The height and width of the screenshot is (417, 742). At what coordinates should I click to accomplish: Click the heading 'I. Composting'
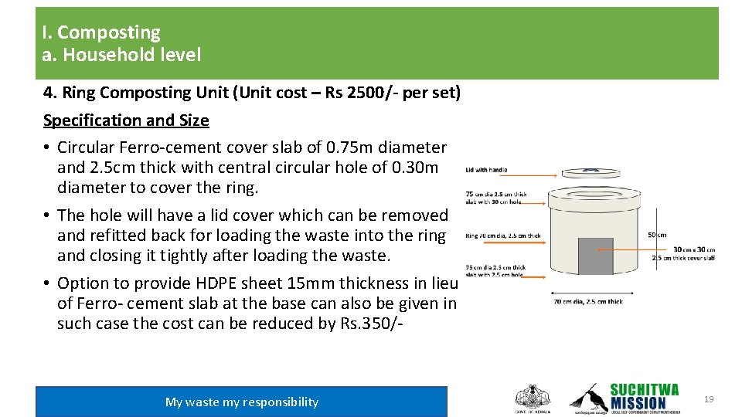[x=101, y=32]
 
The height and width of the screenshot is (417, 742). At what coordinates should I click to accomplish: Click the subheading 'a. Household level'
[x=121, y=55]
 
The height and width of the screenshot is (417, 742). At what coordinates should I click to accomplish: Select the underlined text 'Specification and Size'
[x=126, y=120]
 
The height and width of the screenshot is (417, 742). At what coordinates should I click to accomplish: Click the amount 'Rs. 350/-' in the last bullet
[x=370, y=324]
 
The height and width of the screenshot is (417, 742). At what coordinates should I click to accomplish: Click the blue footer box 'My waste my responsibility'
[x=241, y=402]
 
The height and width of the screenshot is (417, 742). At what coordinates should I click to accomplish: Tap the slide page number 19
[x=709, y=399]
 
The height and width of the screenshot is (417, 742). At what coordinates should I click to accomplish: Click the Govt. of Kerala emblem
[x=533, y=398]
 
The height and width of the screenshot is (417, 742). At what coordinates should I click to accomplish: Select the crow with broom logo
[x=587, y=397]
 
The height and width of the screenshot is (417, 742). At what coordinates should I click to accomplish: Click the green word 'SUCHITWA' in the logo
[x=644, y=389]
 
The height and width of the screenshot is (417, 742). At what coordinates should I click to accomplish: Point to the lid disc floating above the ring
[x=591, y=172]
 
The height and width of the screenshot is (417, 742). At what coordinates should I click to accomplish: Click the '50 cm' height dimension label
[x=656, y=235]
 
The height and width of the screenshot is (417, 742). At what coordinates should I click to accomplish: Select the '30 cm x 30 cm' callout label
[x=693, y=249]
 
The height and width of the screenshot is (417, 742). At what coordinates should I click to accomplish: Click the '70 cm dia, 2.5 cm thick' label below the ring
[x=587, y=301]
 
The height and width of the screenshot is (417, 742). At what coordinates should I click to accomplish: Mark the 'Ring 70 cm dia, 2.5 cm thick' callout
[x=502, y=236]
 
